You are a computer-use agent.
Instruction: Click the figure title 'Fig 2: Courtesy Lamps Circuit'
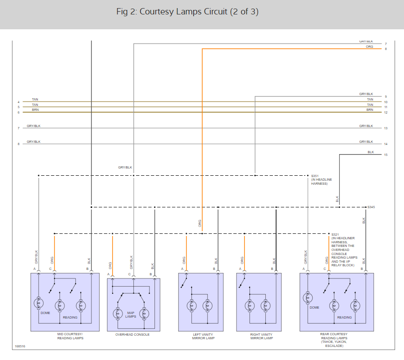pyautogui.click(x=187, y=12)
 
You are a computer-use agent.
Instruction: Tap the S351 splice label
pyautogui.click(x=315, y=175)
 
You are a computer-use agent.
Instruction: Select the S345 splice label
pyautogui.click(x=371, y=207)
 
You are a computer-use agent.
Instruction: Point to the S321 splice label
pyautogui.click(x=335, y=234)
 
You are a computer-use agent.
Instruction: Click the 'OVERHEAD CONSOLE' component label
pyautogui.click(x=132, y=334)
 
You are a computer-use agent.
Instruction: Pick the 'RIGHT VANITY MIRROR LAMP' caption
pyautogui.click(x=262, y=336)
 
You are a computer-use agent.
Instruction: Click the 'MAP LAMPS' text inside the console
pyautogui.click(x=131, y=314)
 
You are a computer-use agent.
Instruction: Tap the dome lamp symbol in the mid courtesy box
pyautogui.click(x=38, y=303)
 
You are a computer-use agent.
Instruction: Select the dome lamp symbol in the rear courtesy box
pyautogui.click(x=308, y=298)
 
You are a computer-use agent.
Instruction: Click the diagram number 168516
pyautogui.click(x=20, y=346)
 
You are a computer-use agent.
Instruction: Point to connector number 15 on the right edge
pyautogui.click(x=386, y=155)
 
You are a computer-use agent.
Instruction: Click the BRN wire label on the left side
pyautogui.click(x=35, y=110)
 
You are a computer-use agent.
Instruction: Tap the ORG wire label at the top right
pyautogui.click(x=369, y=46)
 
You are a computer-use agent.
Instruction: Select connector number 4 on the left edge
pyautogui.click(x=18, y=102)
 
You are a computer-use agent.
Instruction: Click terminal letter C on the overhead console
pyautogui.click(x=129, y=274)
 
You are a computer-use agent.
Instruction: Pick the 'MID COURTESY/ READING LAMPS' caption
pyautogui.click(x=70, y=336)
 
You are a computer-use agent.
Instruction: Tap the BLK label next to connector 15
pyautogui.click(x=371, y=152)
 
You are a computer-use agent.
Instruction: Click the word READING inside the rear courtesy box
pyautogui.click(x=345, y=317)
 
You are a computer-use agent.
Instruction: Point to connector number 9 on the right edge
pyautogui.click(x=386, y=97)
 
